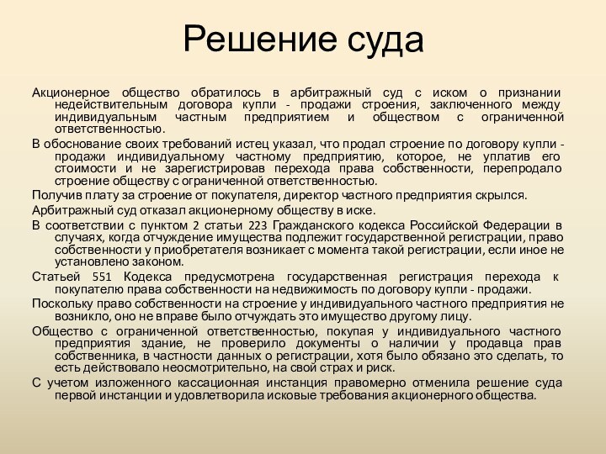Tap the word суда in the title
click(384, 39)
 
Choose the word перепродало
click(529, 169)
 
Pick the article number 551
click(101, 277)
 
